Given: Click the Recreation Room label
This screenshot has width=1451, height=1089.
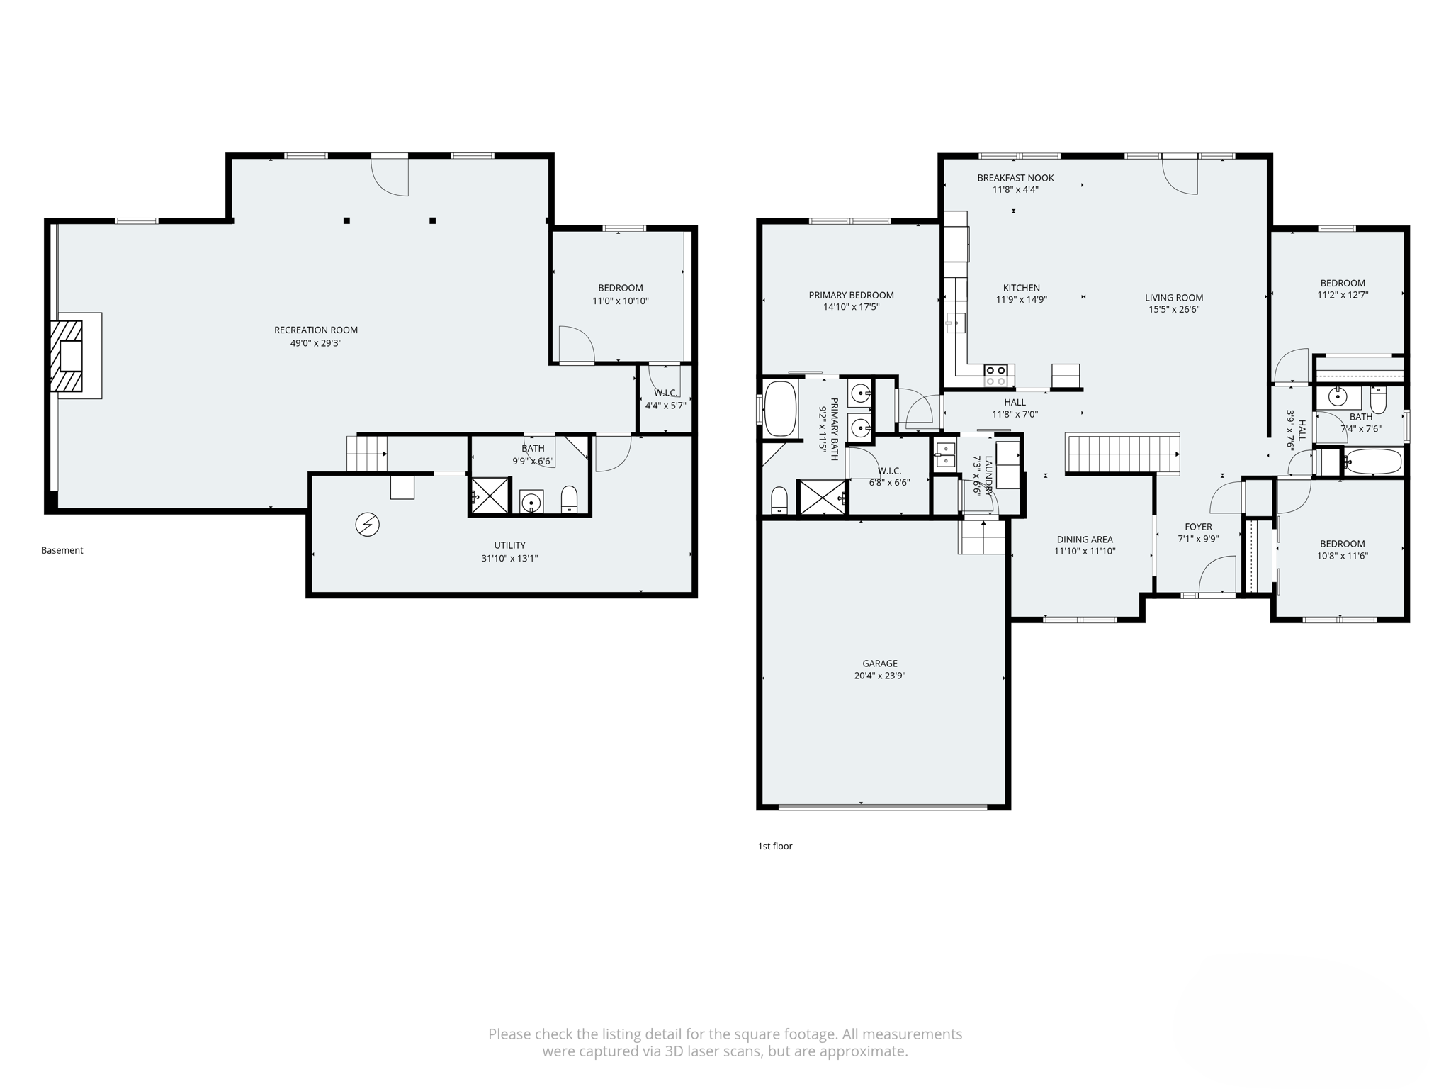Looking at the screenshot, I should (316, 330).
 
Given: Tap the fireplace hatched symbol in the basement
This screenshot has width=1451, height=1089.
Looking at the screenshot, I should (67, 356).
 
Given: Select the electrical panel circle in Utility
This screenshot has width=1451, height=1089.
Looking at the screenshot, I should (367, 525).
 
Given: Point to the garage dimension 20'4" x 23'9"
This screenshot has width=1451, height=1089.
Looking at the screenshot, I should (879, 676).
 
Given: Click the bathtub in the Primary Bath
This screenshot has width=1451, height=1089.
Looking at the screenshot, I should (780, 409).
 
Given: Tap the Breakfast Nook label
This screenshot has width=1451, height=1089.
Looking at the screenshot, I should (1015, 178).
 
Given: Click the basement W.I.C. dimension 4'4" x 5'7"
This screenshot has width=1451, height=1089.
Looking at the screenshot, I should (665, 406).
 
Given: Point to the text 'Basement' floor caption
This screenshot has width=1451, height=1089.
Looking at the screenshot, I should (62, 550).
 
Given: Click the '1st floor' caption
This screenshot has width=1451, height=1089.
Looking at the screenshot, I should (775, 846).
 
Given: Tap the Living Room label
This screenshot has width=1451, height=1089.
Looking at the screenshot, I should (1174, 298).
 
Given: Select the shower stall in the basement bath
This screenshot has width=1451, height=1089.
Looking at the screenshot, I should (490, 496).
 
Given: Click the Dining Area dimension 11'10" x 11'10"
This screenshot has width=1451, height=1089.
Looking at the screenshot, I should (1085, 551).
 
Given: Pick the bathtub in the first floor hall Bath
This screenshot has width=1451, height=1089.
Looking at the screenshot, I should (1373, 462).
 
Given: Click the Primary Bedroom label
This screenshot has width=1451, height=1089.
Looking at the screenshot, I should (851, 295).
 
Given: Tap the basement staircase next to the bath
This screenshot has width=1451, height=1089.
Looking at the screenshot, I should (366, 453).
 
